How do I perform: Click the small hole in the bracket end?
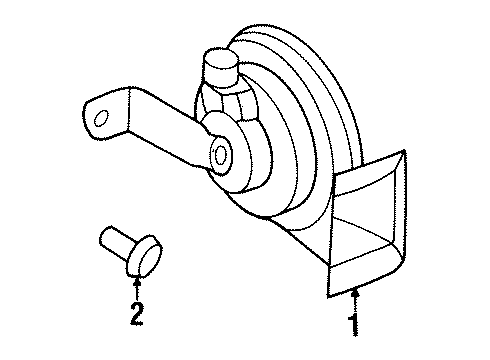tap(101, 119)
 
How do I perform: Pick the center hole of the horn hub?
tap(221, 155)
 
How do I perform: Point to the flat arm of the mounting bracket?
tap(150, 125)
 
